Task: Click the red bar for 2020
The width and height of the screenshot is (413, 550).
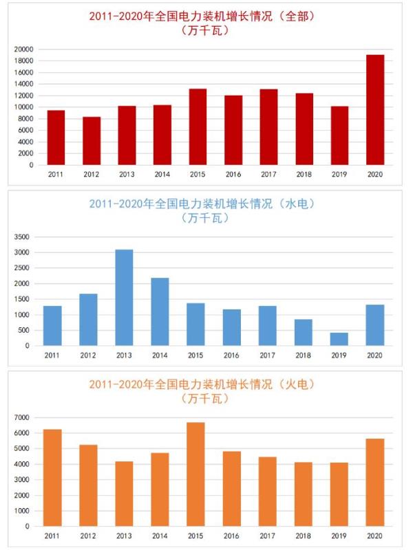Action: point(375,110)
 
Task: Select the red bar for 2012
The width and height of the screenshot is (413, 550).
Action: point(92,141)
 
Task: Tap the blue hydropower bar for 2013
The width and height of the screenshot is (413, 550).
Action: point(124,297)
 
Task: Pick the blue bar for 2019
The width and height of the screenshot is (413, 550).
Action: point(339,339)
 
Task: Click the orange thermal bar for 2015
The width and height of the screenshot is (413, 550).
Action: point(195,474)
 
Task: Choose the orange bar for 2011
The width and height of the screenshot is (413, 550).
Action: point(52,478)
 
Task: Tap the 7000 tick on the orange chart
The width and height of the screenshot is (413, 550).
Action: point(22,417)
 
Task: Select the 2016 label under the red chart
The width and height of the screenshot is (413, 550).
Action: point(233,175)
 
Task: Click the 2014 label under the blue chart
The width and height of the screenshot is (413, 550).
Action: point(160,356)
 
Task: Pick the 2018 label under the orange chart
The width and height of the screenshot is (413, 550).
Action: point(304,536)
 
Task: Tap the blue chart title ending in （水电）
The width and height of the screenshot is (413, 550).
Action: point(206,203)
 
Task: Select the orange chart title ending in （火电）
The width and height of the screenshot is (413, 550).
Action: point(206,384)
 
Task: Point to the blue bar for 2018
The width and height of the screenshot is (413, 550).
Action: point(304,332)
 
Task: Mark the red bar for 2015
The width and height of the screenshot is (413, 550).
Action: point(198,126)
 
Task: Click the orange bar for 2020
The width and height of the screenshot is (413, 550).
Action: point(375,482)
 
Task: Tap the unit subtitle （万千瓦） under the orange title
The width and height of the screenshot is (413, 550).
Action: point(206,399)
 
